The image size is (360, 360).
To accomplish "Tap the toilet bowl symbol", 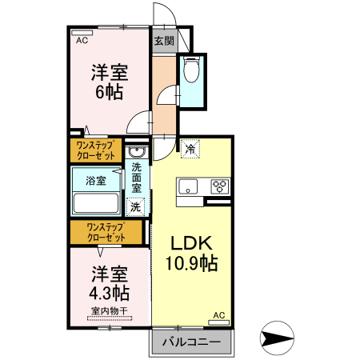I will (191, 72).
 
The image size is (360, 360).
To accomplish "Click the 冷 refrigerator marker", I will (190, 148).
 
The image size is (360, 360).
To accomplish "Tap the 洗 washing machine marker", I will (136, 206).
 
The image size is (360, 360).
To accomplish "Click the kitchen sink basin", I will (189, 187).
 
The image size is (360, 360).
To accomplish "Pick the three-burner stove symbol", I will (219, 187).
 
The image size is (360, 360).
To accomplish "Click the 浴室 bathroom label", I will (96, 181).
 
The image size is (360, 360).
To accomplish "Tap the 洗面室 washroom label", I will (136, 178).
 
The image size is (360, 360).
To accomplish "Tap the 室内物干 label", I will (109, 310).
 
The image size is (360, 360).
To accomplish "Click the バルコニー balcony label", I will (191, 343).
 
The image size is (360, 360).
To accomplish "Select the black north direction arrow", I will (278, 338).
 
